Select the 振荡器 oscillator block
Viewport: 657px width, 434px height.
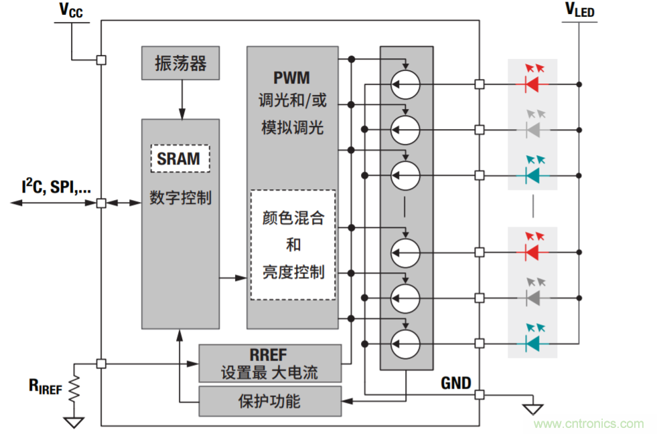pos(180,64)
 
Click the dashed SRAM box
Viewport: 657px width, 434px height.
pos(179,158)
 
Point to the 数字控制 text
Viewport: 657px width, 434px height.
pos(180,198)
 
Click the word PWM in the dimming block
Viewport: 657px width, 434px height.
pos(291,78)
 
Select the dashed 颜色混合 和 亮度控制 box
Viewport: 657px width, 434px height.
pos(293,245)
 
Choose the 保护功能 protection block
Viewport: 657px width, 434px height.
pos(270,401)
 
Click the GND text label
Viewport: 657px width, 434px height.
pos(455,383)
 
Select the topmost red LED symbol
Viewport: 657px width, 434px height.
pos(533,84)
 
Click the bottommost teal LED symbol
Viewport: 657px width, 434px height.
pos(533,343)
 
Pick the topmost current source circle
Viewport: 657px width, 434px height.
pos(405,84)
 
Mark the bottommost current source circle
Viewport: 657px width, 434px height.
pos(405,343)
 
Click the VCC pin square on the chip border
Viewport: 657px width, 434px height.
pos(101,60)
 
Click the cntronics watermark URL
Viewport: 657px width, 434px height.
pos(589,424)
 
